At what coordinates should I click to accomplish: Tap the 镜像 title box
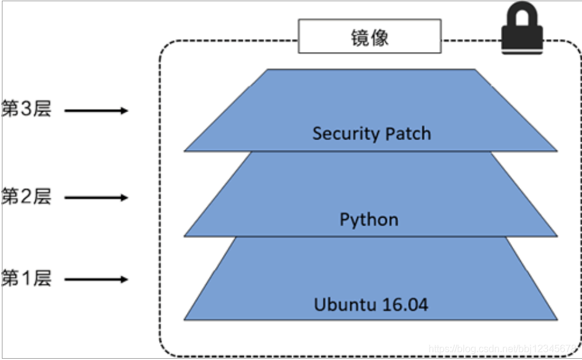(370, 36)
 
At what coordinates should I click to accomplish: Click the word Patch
(406, 133)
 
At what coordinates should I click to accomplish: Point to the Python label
(369, 219)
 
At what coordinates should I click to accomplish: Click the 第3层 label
(26, 110)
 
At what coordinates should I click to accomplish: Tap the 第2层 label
(26, 197)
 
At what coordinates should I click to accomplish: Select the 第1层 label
(26, 278)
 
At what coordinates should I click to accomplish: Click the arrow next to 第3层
(96, 111)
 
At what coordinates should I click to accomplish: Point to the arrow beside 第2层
(96, 198)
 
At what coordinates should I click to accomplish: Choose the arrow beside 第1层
(96, 279)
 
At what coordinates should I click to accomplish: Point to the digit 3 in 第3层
(26, 110)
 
